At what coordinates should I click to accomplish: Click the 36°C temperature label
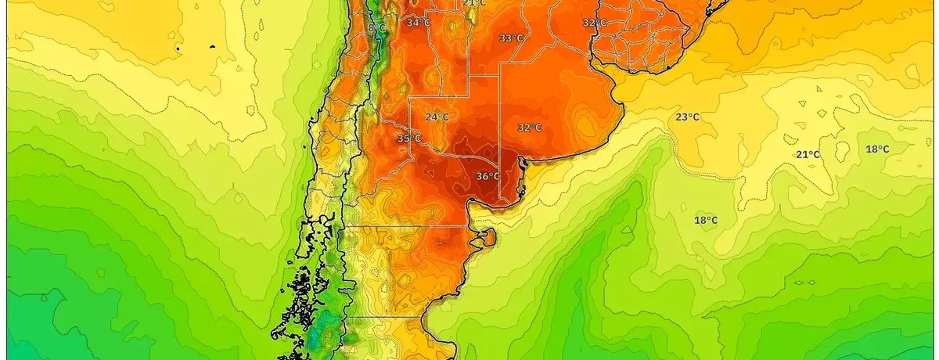click(x=487, y=176)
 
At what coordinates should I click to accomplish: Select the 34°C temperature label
click(x=418, y=23)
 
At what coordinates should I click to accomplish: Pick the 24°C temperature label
click(x=437, y=117)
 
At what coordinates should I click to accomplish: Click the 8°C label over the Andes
click(x=376, y=28)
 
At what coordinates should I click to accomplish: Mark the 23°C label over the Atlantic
click(x=687, y=117)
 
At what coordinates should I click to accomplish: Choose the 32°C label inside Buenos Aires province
click(x=530, y=128)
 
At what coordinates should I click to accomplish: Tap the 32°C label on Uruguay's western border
click(x=595, y=23)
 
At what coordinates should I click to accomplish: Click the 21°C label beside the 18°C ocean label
click(x=808, y=154)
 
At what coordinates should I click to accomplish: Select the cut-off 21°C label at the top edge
click(x=474, y=3)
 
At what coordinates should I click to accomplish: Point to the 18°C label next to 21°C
click(x=877, y=149)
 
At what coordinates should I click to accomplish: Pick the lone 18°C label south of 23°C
click(x=706, y=220)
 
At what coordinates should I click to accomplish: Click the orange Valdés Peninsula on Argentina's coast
click(x=487, y=236)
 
